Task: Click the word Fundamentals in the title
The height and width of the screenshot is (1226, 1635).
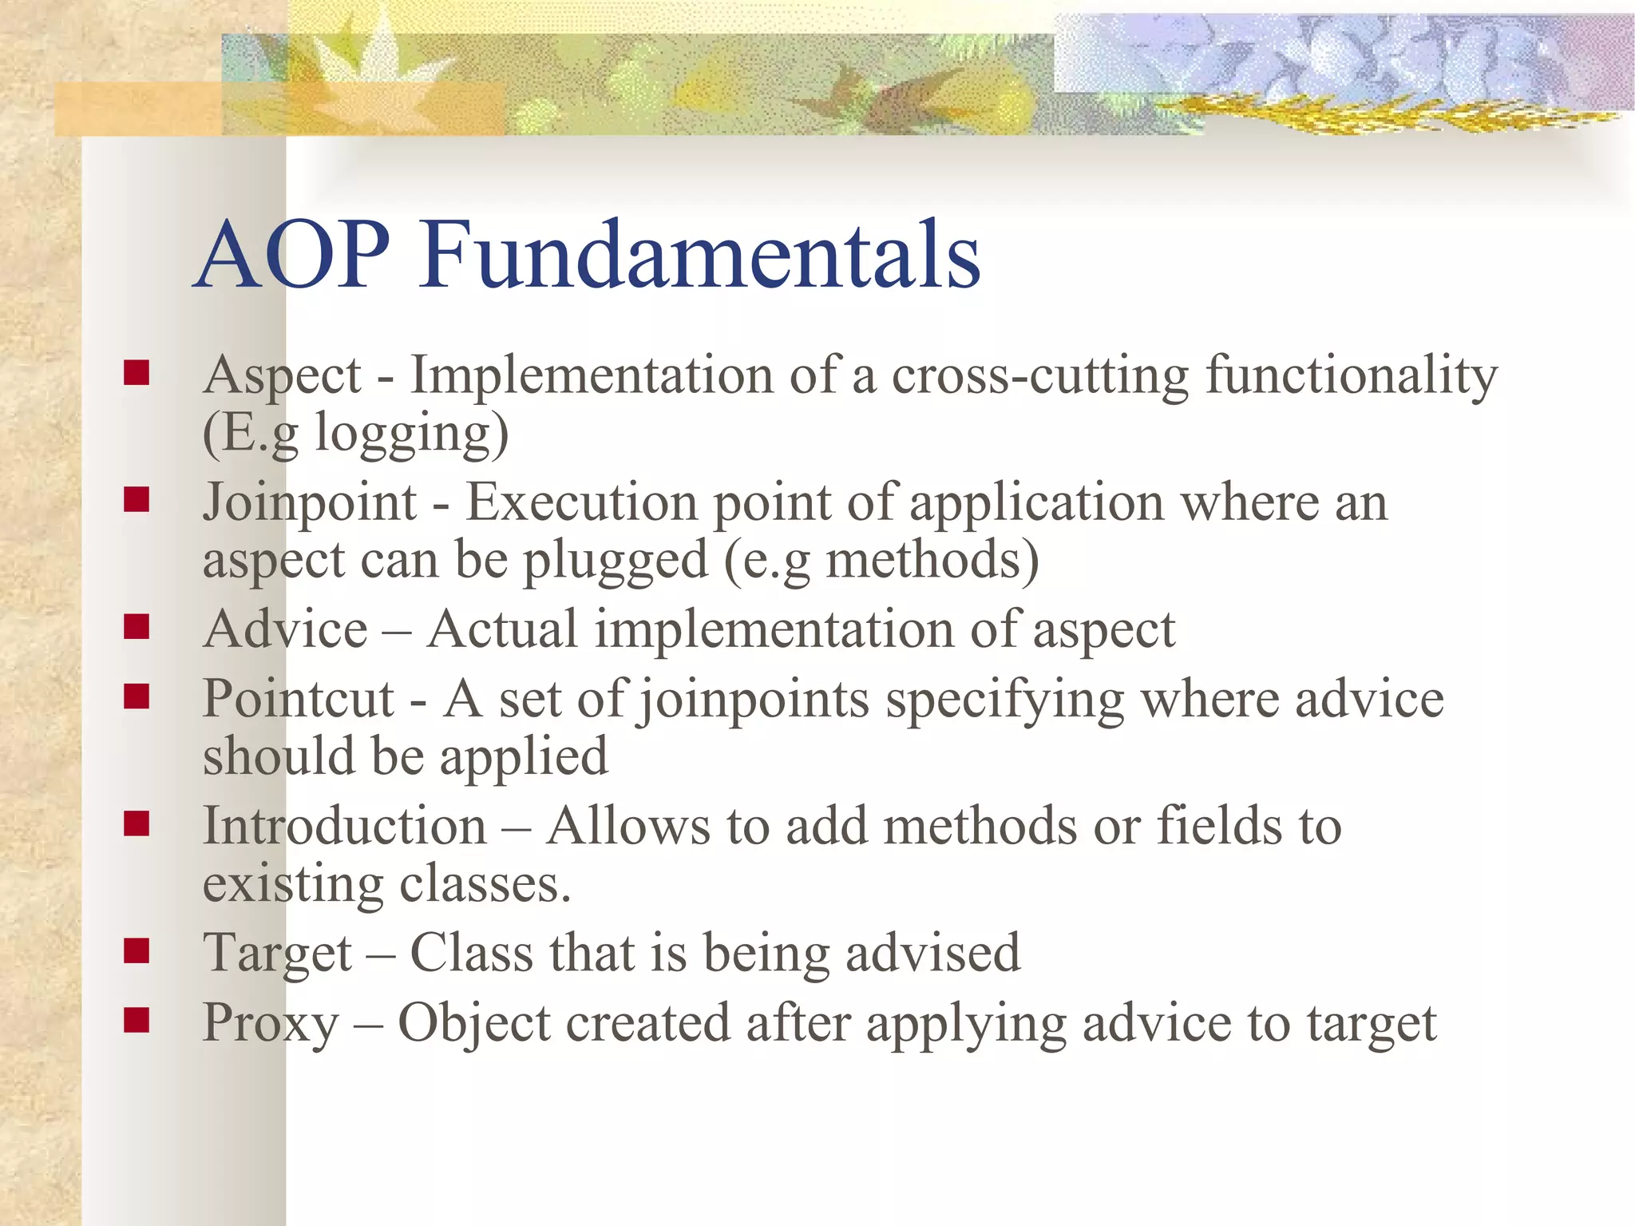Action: point(700,255)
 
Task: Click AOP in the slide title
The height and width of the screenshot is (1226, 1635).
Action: point(293,255)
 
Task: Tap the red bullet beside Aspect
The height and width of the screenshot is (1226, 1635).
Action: point(137,373)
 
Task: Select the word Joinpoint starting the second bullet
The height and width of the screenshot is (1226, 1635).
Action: point(310,502)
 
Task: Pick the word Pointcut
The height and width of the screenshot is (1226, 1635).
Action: point(299,699)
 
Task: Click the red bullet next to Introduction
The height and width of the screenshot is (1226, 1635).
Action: point(137,823)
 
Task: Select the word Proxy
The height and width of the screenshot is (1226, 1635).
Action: point(271,1022)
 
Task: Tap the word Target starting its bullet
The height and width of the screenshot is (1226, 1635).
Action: point(277,953)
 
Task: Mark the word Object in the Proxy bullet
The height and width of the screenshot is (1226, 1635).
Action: point(474,1023)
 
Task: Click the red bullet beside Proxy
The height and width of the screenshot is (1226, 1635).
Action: point(137,1020)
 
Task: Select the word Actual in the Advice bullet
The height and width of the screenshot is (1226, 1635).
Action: point(502,629)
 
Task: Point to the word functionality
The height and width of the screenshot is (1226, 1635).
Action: point(1351,375)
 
